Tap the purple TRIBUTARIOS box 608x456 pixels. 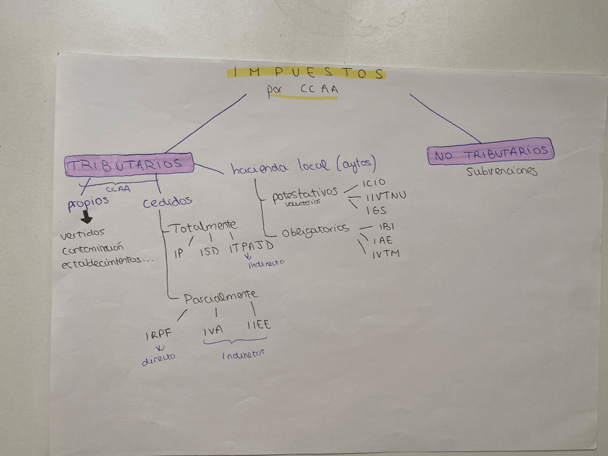click(x=129, y=165)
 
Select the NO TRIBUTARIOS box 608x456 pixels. click(x=490, y=152)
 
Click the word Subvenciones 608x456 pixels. click(x=502, y=171)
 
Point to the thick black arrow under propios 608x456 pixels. click(x=86, y=217)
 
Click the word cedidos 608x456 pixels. click(x=167, y=202)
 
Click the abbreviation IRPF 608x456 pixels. click(x=159, y=336)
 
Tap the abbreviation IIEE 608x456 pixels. click(x=258, y=326)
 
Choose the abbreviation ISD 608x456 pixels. click(x=209, y=252)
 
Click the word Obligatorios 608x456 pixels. click(x=315, y=230)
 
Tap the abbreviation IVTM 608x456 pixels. click(x=386, y=254)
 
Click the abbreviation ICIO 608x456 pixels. click(x=379, y=183)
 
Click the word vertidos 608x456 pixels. click(x=83, y=233)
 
